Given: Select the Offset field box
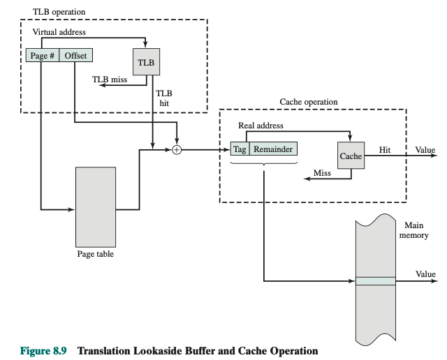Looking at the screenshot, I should point(75,55).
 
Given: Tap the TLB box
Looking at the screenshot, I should point(146,61).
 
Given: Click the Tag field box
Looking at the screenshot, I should point(240,149).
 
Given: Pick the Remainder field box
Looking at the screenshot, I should point(273,149).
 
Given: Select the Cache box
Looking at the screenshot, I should point(351,156).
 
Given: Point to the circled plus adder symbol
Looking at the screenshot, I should point(177,149).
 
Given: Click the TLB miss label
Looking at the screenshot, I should point(110,80).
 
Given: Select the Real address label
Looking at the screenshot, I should point(261,126).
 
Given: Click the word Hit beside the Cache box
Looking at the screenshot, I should point(385,149).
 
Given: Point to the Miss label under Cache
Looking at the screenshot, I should point(322,172).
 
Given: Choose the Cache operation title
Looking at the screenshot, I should point(309,102).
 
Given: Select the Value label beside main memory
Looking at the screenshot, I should point(425,274).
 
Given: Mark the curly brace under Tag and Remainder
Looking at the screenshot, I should point(264,163).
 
